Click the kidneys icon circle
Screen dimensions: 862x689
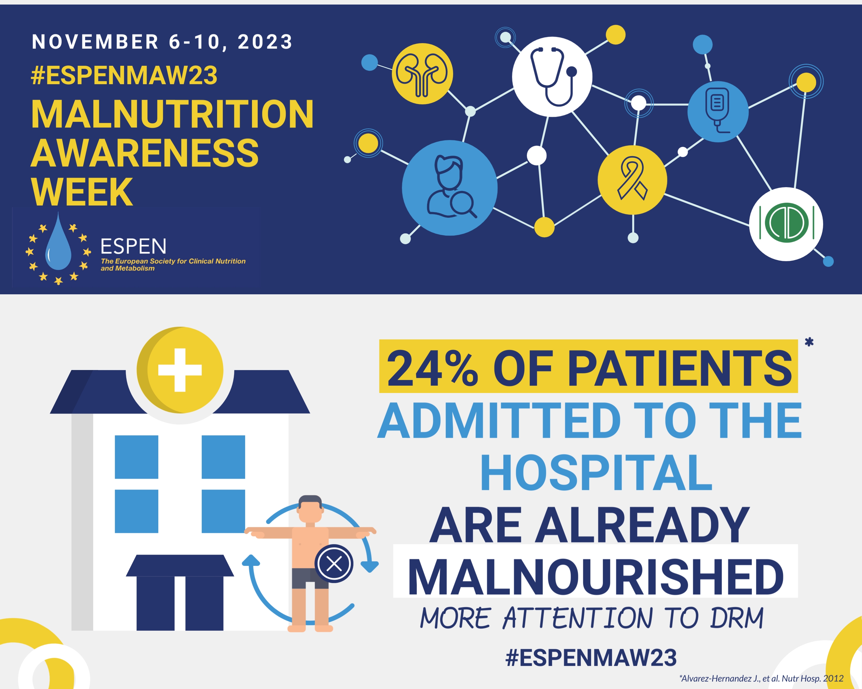422,74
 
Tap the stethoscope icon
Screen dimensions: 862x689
552,77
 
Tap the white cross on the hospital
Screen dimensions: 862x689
180,370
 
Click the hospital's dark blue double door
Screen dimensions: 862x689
180,603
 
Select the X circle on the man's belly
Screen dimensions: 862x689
334,564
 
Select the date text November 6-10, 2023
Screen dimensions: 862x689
162,42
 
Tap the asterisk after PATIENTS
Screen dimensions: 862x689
809,342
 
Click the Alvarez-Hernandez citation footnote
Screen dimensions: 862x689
761,678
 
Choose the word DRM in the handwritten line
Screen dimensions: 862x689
737,618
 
